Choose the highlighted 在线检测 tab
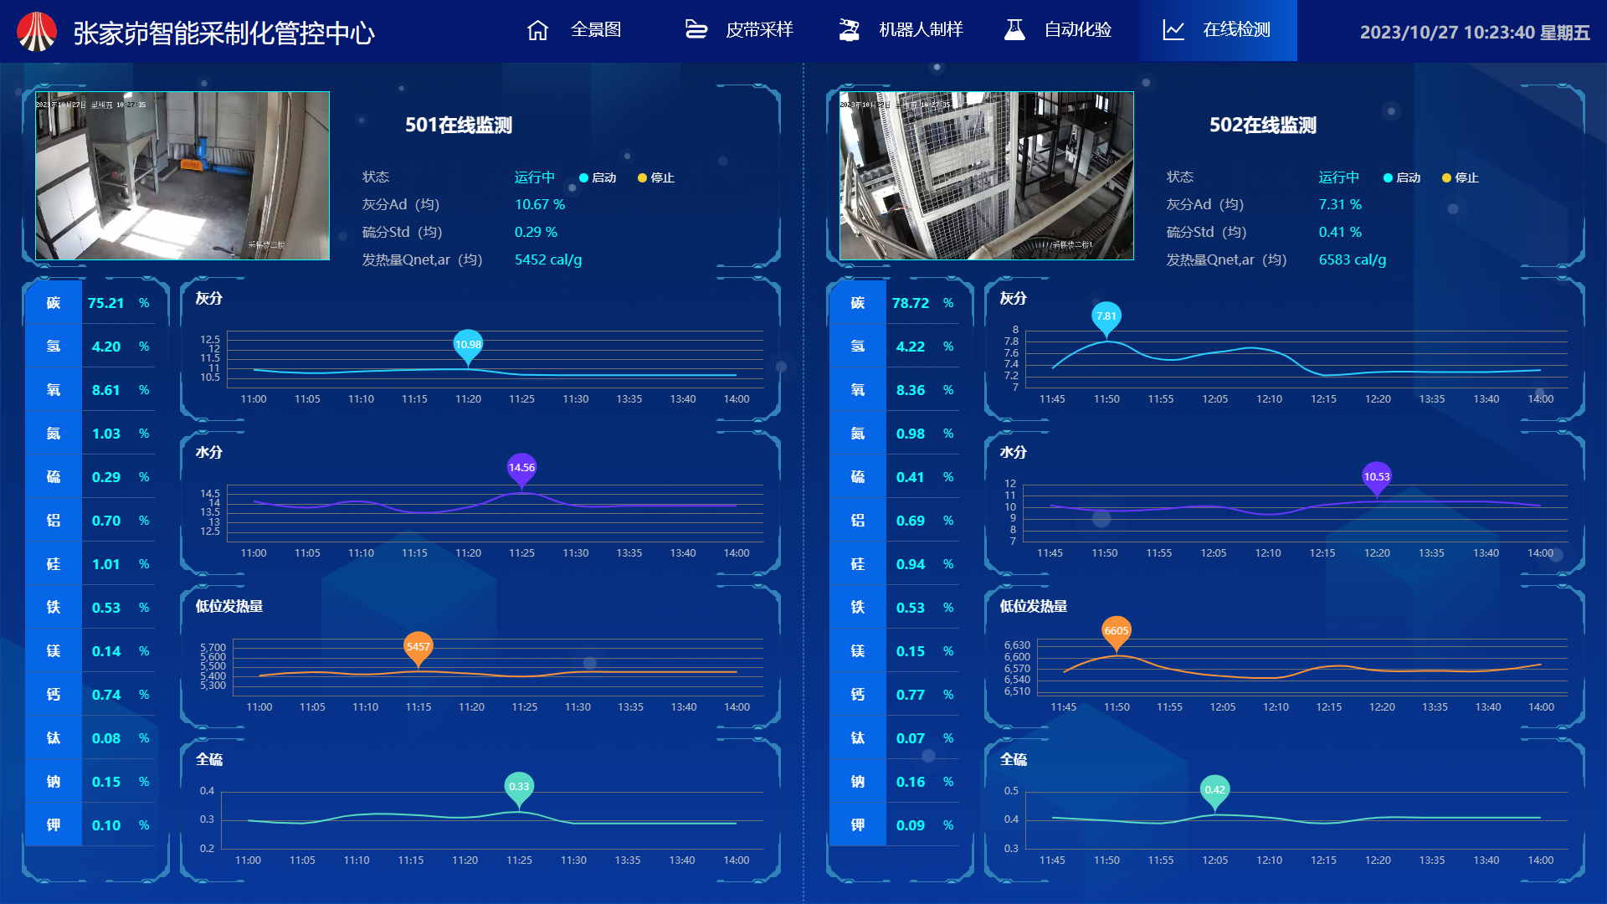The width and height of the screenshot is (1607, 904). (x=1217, y=30)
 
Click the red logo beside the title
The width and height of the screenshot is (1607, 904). (x=37, y=32)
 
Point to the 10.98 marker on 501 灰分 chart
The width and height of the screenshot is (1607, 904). (x=468, y=345)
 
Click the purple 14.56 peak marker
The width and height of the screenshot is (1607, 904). (x=521, y=468)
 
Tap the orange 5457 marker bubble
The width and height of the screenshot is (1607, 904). (x=418, y=646)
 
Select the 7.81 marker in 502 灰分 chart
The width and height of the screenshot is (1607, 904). (x=1106, y=316)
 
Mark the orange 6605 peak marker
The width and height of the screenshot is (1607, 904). (x=1117, y=631)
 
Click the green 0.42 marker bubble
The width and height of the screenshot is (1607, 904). (x=1214, y=790)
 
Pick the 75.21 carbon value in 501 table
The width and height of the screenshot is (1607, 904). (x=105, y=303)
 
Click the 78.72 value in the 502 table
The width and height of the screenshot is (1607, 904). (x=911, y=303)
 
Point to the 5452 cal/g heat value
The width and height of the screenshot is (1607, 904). (x=548, y=259)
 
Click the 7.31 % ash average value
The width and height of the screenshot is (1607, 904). (x=1340, y=204)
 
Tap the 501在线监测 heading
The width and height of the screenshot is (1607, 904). (x=459, y=126)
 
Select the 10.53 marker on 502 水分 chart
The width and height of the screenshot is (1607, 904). (x=1377, y=477)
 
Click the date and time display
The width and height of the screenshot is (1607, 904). (x=1474, y=32)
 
